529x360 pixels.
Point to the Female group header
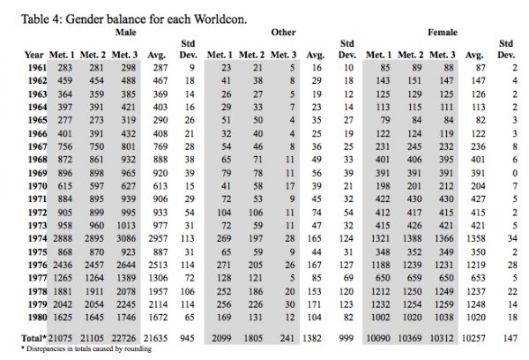442,32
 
